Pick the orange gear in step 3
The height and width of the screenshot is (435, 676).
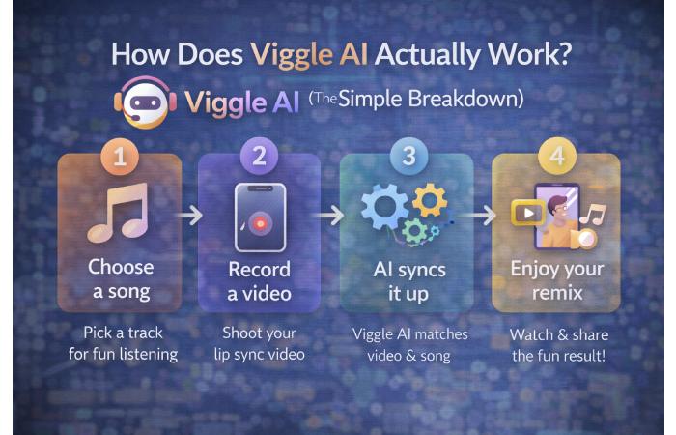428,199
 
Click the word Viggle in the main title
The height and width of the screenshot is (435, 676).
291,54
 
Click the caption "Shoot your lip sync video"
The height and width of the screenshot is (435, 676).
258,342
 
